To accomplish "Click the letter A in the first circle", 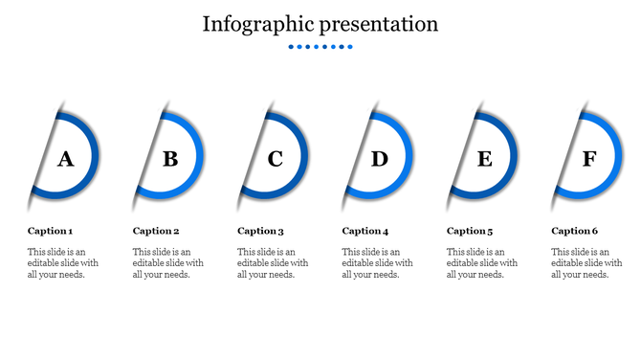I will click(65, 159).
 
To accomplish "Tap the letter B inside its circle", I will click(170, 159).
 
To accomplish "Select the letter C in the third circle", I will click(275, 159).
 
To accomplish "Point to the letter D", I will click(380, 159).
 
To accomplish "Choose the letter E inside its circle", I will click(485, 159).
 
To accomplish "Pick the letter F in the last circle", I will click(589, 159).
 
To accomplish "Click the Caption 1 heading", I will click(50, 231).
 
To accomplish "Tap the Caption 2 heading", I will click(156, 231).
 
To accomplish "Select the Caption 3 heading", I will click(260, 231).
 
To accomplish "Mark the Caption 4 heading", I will click(365, 231).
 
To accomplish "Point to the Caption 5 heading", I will click(470, 231).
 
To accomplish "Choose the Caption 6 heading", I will click(575, 231).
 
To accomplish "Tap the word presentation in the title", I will click(380, 24).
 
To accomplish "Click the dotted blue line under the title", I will click(320, 46).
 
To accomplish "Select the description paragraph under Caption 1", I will click(62, 263).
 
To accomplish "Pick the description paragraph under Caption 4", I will click(377, 263).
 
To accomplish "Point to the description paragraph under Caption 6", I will click(586, 263).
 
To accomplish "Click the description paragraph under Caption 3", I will click(273, 263).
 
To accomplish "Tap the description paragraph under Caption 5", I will click(482, 263).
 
